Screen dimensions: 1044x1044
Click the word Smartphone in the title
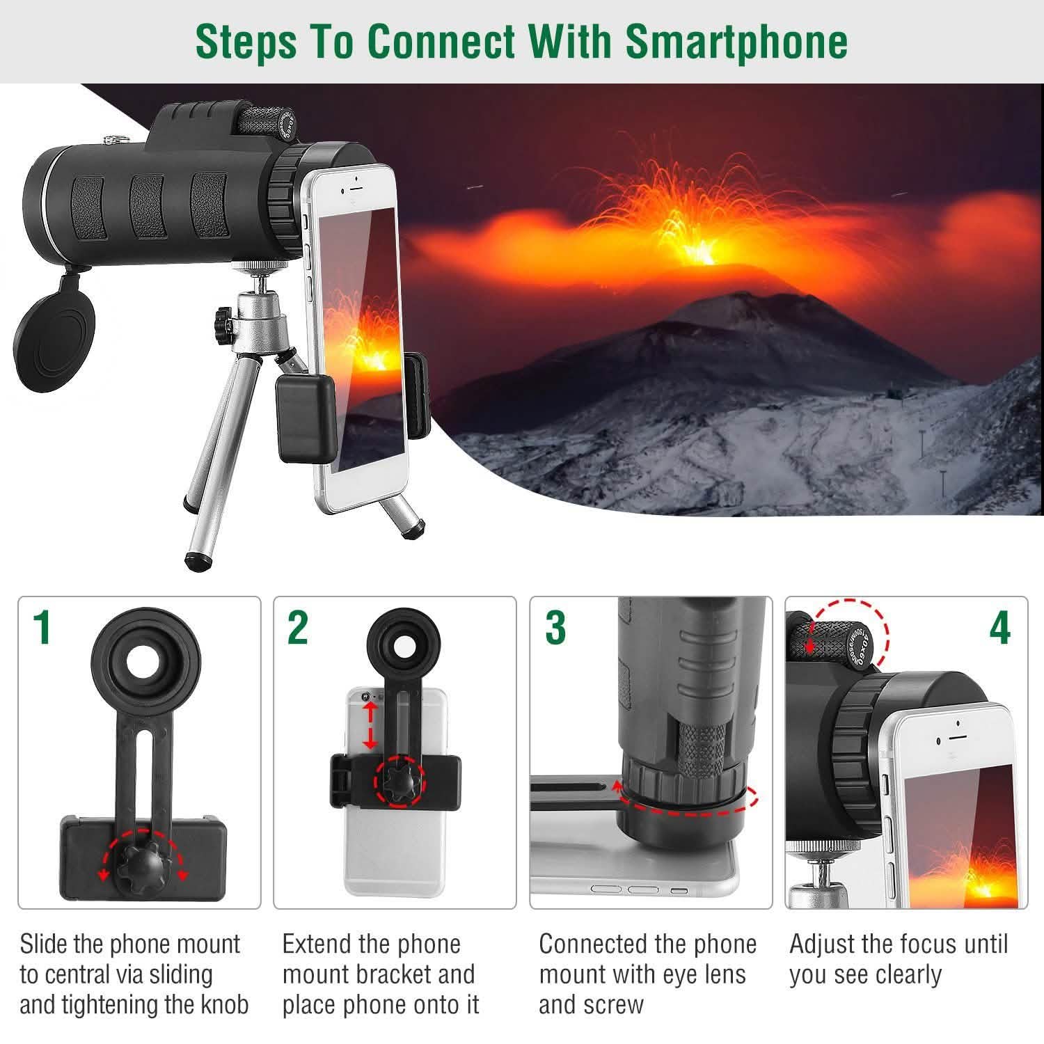pos(736,41)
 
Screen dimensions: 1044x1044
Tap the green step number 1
pos(43,628)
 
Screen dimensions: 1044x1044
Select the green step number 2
pos(298,628)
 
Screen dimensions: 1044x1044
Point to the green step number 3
pos(555,628)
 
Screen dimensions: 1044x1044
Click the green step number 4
pos(999,628)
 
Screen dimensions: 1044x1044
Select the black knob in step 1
pos(142,860)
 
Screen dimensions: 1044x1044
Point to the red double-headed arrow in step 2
pos(370,725)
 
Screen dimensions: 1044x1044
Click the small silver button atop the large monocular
pos(110,139)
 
